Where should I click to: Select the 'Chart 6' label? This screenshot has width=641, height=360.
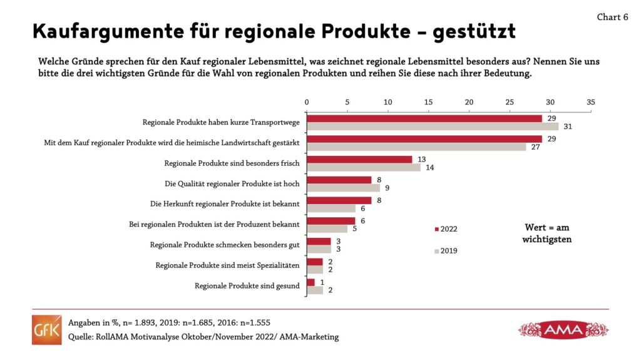point(612,18)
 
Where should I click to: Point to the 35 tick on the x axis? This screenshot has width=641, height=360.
point(590,101)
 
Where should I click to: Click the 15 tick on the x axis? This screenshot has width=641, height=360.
point(428,101)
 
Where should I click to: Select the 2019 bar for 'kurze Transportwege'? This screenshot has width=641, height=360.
point(433,126)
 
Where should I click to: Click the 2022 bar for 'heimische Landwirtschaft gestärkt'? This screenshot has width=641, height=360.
point(424,138)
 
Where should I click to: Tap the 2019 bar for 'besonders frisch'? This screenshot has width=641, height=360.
point(364,167)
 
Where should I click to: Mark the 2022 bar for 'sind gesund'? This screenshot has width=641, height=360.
point(310,282)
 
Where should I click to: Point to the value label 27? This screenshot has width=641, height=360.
point(535,147)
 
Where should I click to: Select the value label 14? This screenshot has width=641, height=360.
point(430,167)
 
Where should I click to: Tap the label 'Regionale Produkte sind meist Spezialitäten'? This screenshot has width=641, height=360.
point(227,265)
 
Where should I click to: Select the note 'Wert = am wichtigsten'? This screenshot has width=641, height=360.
point(546,234)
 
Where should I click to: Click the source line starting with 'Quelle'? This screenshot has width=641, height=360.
point(203,337)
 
